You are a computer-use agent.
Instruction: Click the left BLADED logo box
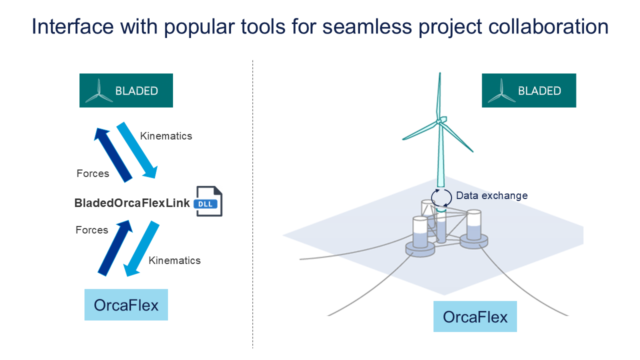click(126, 90)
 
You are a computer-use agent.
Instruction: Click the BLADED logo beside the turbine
click(528, 90)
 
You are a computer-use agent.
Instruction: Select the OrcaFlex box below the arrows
click(126, 304)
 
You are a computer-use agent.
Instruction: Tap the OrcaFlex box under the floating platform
click(474, 316)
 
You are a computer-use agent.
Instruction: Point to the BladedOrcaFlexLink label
click(132, 203)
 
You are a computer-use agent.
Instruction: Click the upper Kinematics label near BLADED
click(166, 136)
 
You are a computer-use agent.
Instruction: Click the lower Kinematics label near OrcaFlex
click(174, 260)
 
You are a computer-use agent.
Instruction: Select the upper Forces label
click(92, 173)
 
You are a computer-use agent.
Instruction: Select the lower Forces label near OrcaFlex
click(91, 230)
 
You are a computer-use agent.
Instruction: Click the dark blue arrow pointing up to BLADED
click(112, 154)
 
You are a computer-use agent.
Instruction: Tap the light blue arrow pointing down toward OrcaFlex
click(141, 249)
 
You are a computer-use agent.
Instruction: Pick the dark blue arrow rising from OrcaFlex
click(115, 247)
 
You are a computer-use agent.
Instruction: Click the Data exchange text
click(491, 195)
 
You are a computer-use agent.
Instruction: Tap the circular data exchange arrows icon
click(440, 197)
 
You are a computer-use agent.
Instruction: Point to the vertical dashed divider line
click(252, 200)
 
